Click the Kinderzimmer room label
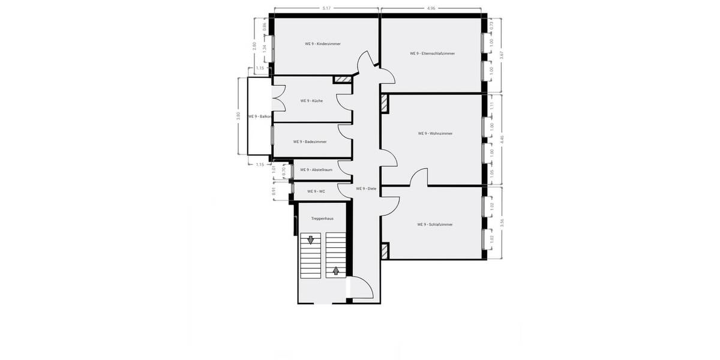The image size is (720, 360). pyautogui.click(x=322, y=44)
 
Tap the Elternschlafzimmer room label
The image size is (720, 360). pyautogui.click(x=432, y=53)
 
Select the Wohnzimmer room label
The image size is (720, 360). pyautogui.click(x=434, y=133)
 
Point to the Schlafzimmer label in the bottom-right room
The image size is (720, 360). pyautogui.click(x=434, y=224)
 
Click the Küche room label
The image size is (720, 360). pyautogui.click(x=311, y=101)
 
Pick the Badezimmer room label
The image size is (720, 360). pyautogui.click(x=310, y=142)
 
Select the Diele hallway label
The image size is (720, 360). pyautogui.click(x=365, y=188)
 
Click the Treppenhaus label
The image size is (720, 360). pyautogui.click(x=322, y=219)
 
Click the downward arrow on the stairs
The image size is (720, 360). pyautogui.click(x=311, y=241)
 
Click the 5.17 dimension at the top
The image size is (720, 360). pyautogui.click(x=326, y=8)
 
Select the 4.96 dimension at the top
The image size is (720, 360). pyautogui.click(x=431, y=8)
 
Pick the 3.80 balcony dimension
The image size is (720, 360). pyautogui.click(x=238, y=116)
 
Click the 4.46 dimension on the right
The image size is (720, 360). pyautogui.click(x=502, y=140)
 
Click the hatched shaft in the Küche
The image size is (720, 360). pyautogui.click(x=342, y=79)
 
